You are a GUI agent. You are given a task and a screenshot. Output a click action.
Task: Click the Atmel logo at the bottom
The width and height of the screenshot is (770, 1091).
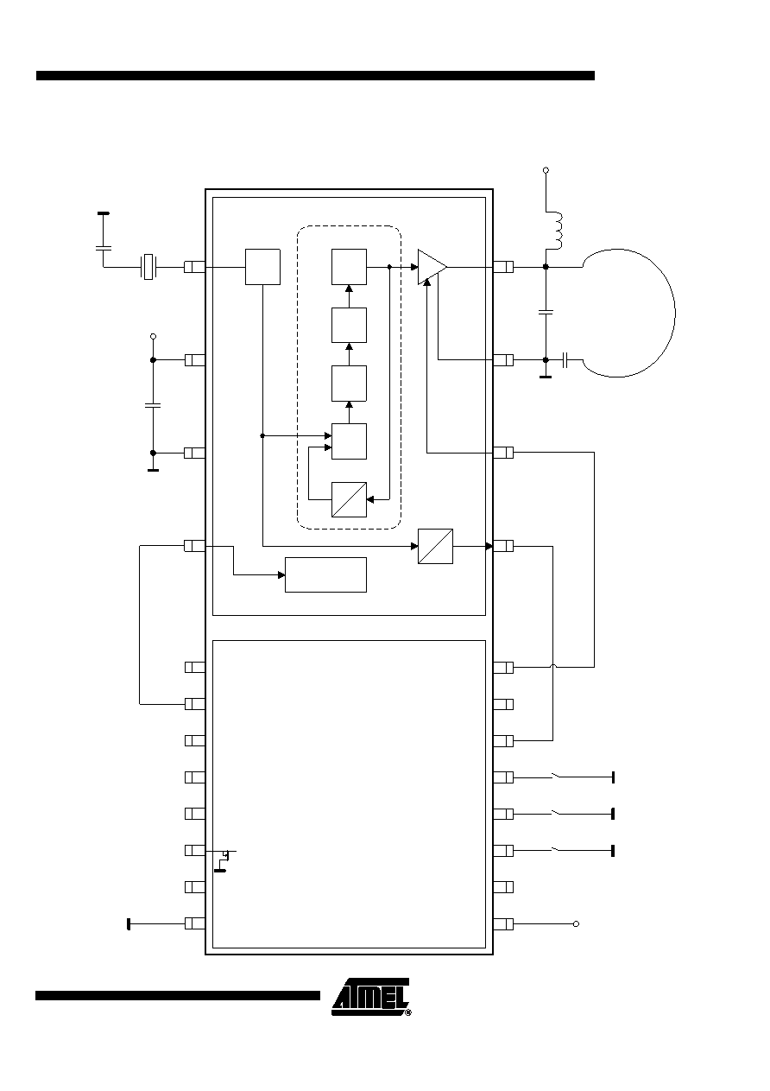tap(371, 997)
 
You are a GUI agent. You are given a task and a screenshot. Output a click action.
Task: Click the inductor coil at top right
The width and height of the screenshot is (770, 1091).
tap(555, 231)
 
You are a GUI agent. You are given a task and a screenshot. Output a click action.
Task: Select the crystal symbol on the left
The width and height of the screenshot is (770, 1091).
tap(148, 267)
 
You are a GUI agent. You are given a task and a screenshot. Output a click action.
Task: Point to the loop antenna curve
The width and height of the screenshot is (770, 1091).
tap(674, 312)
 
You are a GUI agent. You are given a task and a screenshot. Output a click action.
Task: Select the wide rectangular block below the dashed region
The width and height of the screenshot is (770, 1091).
tap(325, 574)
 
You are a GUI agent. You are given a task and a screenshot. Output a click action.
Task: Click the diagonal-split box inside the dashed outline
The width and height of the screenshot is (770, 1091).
tap(349, 499)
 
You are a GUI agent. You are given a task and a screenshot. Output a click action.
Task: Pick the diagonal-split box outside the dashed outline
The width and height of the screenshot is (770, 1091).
tap(436, 547)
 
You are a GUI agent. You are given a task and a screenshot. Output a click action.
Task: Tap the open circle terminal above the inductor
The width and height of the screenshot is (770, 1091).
tap(546, 170)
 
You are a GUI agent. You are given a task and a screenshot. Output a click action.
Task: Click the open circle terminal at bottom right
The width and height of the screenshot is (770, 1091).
tap(576, 924)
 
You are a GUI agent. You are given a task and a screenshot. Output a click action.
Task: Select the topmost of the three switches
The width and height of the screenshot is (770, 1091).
tap(556, 776)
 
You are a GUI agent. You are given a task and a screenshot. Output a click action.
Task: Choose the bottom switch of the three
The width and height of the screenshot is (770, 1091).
tap(556, 849)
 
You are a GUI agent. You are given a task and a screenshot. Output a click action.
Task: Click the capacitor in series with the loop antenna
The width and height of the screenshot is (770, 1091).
tap(565, 360)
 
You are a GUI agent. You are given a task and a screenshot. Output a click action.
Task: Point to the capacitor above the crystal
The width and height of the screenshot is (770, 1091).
tap(104, 249)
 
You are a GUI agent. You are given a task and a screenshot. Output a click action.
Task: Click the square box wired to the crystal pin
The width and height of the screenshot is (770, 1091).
tap(262, 267)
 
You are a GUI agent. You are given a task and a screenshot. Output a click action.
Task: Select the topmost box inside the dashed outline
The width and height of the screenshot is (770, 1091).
tap(349, 267)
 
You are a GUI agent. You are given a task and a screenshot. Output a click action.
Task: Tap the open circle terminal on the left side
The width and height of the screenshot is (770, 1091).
tap(153, 337)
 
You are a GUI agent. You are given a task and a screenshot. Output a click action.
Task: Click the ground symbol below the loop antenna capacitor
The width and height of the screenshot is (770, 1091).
tap(546, 376)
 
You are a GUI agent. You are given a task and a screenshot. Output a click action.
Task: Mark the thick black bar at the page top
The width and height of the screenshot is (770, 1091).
tap(315, 75)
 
